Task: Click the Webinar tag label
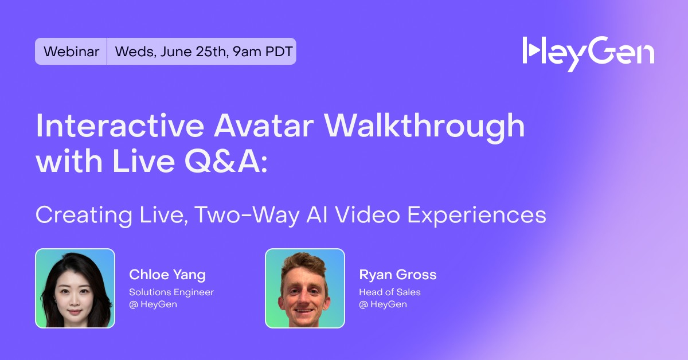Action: click(x=71, y=51)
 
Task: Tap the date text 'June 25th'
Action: click(x=193, y=52)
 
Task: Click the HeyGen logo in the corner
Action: click(x=588, y=54)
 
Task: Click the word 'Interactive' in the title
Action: click(x=120, y=126)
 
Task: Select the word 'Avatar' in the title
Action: click(x=264, y=126)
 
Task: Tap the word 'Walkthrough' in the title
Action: click(x=424, y=127)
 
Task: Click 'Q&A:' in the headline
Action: click(x=226, y=161)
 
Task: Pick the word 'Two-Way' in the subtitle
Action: click(x=247, y=215)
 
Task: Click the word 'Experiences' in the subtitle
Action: click(x=476, y=216)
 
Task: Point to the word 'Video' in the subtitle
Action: click(x=368, y=214)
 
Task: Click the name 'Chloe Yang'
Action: click(x=167, y=275)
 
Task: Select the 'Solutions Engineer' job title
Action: click(x=171, y=292)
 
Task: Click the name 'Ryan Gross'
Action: click(x=398, y=275)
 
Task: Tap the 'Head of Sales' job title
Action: click(x=390, y=292)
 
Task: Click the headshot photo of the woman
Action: click(x=75, y=288)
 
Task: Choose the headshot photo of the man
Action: click(x=305, y=288)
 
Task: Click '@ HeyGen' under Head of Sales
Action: click(x=383, y=304)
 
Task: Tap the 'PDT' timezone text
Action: click(x=279, y=52)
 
